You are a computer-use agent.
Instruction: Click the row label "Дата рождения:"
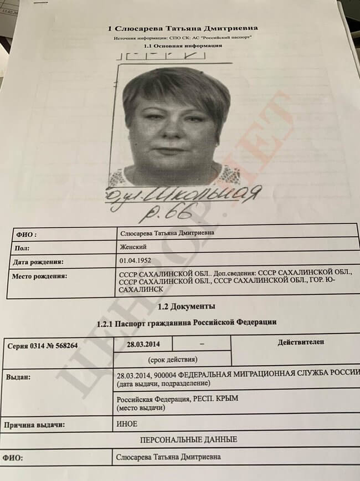click(x=38, y=261)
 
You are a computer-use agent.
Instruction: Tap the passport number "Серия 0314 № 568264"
click(x=43, y=346)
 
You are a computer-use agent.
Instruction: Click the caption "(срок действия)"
click(x=171, y=359)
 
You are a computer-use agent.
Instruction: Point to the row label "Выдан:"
click(x=19, y=377)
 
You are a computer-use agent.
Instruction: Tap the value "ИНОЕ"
click(x=127, y=424)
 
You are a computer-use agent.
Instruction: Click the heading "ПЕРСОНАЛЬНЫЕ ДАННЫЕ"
click(x=189, y=439)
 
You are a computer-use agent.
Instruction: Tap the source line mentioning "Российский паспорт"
click(x=183, y=38)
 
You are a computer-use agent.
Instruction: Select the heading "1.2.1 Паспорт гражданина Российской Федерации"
click(x=186, y=321)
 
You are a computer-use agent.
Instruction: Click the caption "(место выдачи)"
click(x=141, y=408)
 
